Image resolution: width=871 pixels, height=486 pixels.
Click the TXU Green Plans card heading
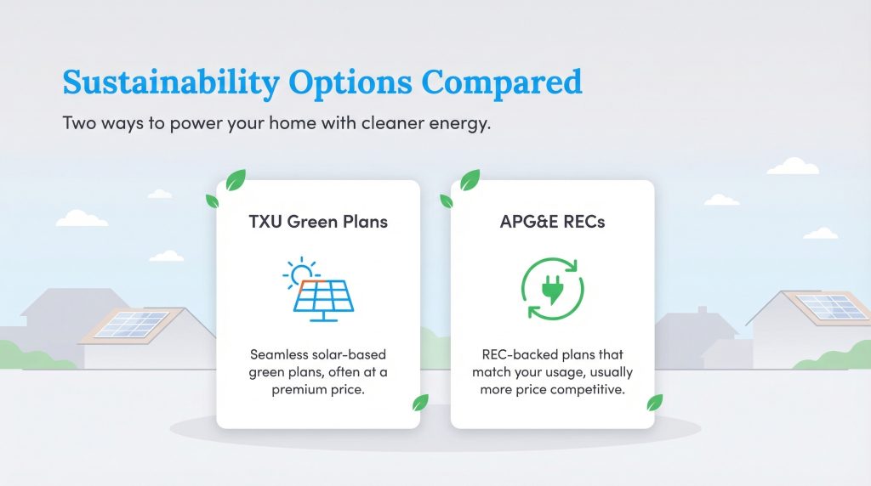click(x=318, y=223)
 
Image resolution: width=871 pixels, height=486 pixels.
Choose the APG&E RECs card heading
click(x=552, y=223)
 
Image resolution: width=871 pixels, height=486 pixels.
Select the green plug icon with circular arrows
click(x=552, y=288)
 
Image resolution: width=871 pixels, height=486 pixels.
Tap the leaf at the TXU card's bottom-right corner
click(x=419, y=403)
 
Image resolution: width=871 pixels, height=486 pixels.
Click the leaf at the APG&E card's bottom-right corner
click(x=654, y=403)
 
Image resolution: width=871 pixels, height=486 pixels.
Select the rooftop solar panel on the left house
click(x=132, y=323)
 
